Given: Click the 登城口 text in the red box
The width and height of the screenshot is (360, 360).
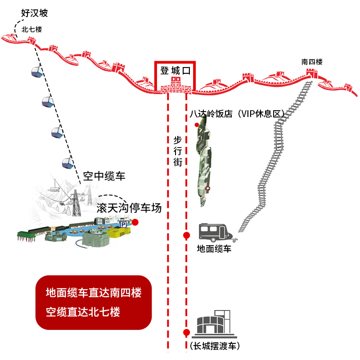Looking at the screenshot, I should [x=176, y=71].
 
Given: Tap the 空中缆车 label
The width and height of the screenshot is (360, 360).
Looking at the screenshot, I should [x=104, y=176].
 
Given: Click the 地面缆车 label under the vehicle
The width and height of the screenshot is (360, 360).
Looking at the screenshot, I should [x=214, y=248].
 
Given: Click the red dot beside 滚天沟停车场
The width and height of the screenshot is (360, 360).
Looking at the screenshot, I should [x=135, y=222].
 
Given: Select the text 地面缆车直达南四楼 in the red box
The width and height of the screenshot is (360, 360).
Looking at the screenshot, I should [x=94, y=293].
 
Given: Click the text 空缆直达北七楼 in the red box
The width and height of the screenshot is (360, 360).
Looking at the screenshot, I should [x=83, y=311].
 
